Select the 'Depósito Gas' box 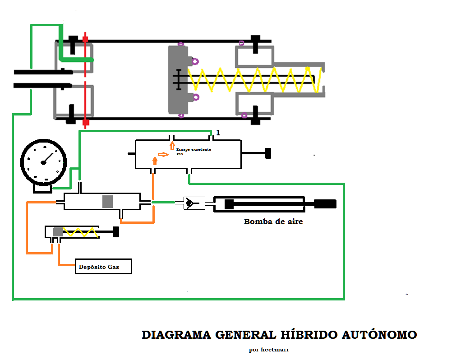pyautogui.click(x=103, y=267)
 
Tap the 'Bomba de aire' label pyautogui.click(x=273, y=222)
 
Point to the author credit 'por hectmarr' pyautogui.click(x=269, y=349)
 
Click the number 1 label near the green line pyautogui.click(x=218, y=133)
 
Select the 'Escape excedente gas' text pyautogui.click(x=193, y=151)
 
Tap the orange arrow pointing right pyautogui.click(x=163, y=154)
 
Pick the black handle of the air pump pyautogui.click(x=325, y=204)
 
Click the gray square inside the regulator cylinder pyautogui.click(x=107, y=202)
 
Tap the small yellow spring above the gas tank pyautogui.click(x=80, y=232)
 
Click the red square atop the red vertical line pyautogui.click(x=85, y=40)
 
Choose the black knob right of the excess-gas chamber pyautogui.click(x=267, y=153)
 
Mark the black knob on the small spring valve pyautogui.click(x=116, y=232)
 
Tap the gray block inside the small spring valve pyautogui.click(x=58, y=232)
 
